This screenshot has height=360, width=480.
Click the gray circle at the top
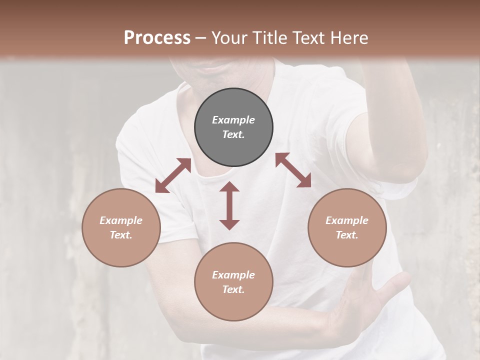click(x=233, y=127)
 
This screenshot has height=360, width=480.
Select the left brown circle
click(x=121, y=227)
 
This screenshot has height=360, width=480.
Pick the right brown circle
click(x=347, y=227)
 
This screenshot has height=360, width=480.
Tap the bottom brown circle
click(x=233, y=281)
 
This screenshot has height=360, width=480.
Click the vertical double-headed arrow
click(x=229, y=205)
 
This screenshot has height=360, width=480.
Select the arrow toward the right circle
click(x=293, y=170)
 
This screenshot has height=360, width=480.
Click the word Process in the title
click(x=157, y=38)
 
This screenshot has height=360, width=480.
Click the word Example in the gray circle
click(x=233, y=120)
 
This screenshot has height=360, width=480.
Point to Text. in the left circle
click(x=121, y=235)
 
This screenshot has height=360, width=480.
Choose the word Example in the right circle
click(x=347, y=220)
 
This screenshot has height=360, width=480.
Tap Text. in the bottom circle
click(x=233, y=289)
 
